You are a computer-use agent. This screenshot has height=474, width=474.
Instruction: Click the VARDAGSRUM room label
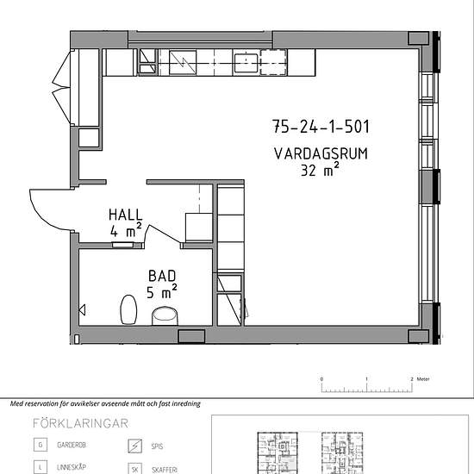tap(321, 153)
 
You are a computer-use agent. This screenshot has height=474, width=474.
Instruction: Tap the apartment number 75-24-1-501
tap(321, 127)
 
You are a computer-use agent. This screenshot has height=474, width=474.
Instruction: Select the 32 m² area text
tap(320, 169)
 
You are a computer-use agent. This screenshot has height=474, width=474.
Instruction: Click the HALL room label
tap(126, 215)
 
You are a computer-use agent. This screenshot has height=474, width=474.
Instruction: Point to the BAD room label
tap(162, 276)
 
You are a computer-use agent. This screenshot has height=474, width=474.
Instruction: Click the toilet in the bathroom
tap(128, 310)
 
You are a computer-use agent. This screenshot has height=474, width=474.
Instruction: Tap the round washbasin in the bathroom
tap(165, 316)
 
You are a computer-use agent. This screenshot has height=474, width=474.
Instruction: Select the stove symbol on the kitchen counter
tap(183, 63)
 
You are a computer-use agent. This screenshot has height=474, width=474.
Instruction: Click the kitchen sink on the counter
tap(246, 63)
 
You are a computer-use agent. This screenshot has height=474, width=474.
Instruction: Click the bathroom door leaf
tap(163, 234)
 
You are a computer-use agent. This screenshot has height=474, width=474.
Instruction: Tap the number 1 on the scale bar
tap(366, 379)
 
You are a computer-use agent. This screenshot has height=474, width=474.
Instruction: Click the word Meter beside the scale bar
tap(423, 379)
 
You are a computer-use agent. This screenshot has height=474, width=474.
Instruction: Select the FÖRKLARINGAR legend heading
tap(80, 423)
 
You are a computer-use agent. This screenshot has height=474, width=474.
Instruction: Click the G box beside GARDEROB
tap(41, 445)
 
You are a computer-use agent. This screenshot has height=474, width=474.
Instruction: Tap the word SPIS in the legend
tap(157, 446)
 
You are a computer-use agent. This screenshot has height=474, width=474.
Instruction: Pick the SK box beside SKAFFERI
tap(134, 469)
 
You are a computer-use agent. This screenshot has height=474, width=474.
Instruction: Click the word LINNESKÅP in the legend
tap(72, 467)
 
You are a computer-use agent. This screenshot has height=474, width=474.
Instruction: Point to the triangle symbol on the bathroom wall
tap(82, 310)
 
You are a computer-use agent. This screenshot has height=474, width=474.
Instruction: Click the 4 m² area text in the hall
tap(126, 230)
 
